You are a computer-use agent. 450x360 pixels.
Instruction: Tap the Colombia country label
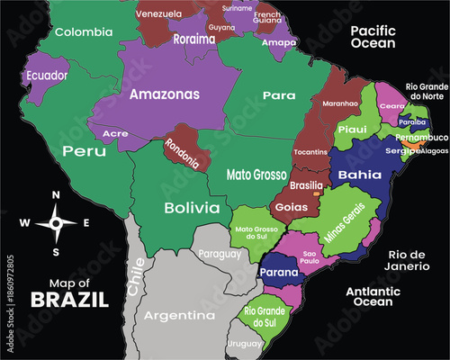(x=84, y=32)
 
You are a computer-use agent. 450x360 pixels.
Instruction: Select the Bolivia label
(x=192, y=208)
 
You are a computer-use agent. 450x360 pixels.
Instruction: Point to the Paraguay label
(x=220, y=254)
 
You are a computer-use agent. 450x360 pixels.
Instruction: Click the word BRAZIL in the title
(x=69, y=300)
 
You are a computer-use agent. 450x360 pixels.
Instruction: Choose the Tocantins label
(x=310, y=152)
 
